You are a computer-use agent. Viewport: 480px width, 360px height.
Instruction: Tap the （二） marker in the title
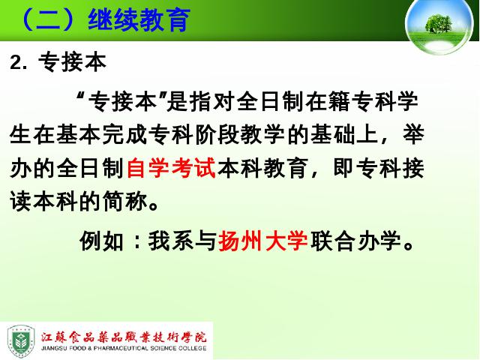pyautogui.click(x=48, y=20)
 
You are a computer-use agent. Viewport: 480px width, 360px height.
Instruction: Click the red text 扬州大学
pyautogui.click(x=263, y=241)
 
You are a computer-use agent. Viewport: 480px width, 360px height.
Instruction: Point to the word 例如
pyautogui.click(x=102, y=241)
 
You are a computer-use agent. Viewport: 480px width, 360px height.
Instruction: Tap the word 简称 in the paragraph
pyautogui.click(x=125, y=202)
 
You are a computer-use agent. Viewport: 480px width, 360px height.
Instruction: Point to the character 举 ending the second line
pyautogui.click(x=413, y=134)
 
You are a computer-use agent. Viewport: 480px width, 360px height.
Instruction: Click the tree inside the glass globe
pyautogui.click(x=438, y=23)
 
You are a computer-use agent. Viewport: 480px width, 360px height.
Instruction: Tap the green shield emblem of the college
pyautogui.click(x=21, y=342)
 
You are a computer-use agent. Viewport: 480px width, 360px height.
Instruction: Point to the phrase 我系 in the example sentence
pyautogui.click(x=171, y=241)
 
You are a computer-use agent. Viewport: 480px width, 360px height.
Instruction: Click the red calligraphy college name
pyautogui.click(x=124, y=337)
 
